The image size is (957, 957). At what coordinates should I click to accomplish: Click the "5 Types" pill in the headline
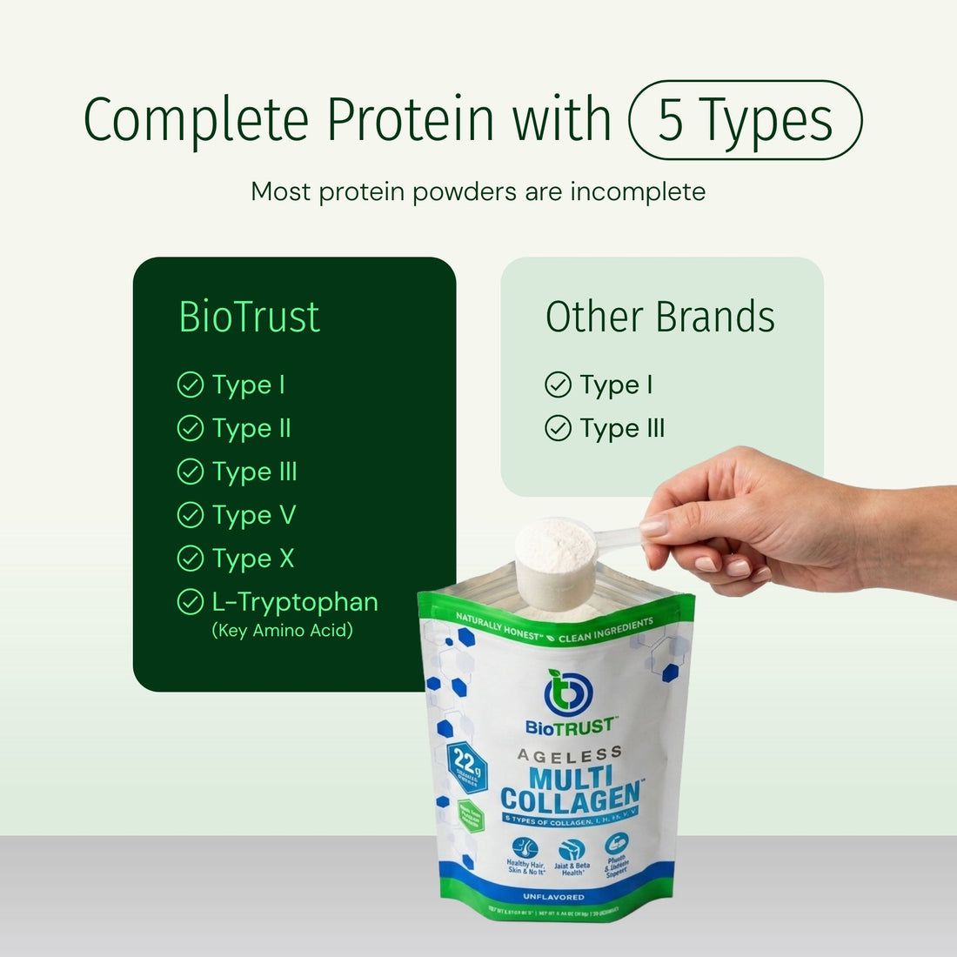pyautogui.click(x=745, y=120)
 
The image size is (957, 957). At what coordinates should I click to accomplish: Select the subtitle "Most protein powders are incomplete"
pyautogui.click(x=478, y=191)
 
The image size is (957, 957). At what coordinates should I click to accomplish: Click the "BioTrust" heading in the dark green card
pyautogui.click(x=249, y=317)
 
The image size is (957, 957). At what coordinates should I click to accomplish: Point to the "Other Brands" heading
pyautogui.click(x=659, y=317)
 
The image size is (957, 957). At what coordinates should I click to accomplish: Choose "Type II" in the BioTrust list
pyautogui.click(x=251, y=428)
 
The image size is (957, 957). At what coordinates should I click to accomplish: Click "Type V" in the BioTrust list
pyautogui.click(x=254, y=515)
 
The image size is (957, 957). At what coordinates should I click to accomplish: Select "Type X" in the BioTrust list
pyautogui.click(x=253, y=559)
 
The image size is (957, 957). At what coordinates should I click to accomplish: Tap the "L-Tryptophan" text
pyautogui.click(x=295, y=602)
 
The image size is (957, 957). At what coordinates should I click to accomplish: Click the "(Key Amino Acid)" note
pyautogui.click(x=283, y=631)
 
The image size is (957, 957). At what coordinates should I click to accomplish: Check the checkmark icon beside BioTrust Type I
pyautogui.click(x=190, y=385)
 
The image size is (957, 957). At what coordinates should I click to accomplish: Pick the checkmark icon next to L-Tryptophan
pyautogui.click(x=190, y=602)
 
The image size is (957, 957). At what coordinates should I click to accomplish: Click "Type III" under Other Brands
pyautogui.click(x=622, y=428)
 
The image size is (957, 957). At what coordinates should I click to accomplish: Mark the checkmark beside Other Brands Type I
pyautogui.click(x=558, y=385)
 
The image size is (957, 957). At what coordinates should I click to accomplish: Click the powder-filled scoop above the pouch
pyautogui.click(x=555, y=557)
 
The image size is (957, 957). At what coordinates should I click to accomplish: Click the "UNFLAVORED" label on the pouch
pyautogui.click(x=553, y=896)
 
